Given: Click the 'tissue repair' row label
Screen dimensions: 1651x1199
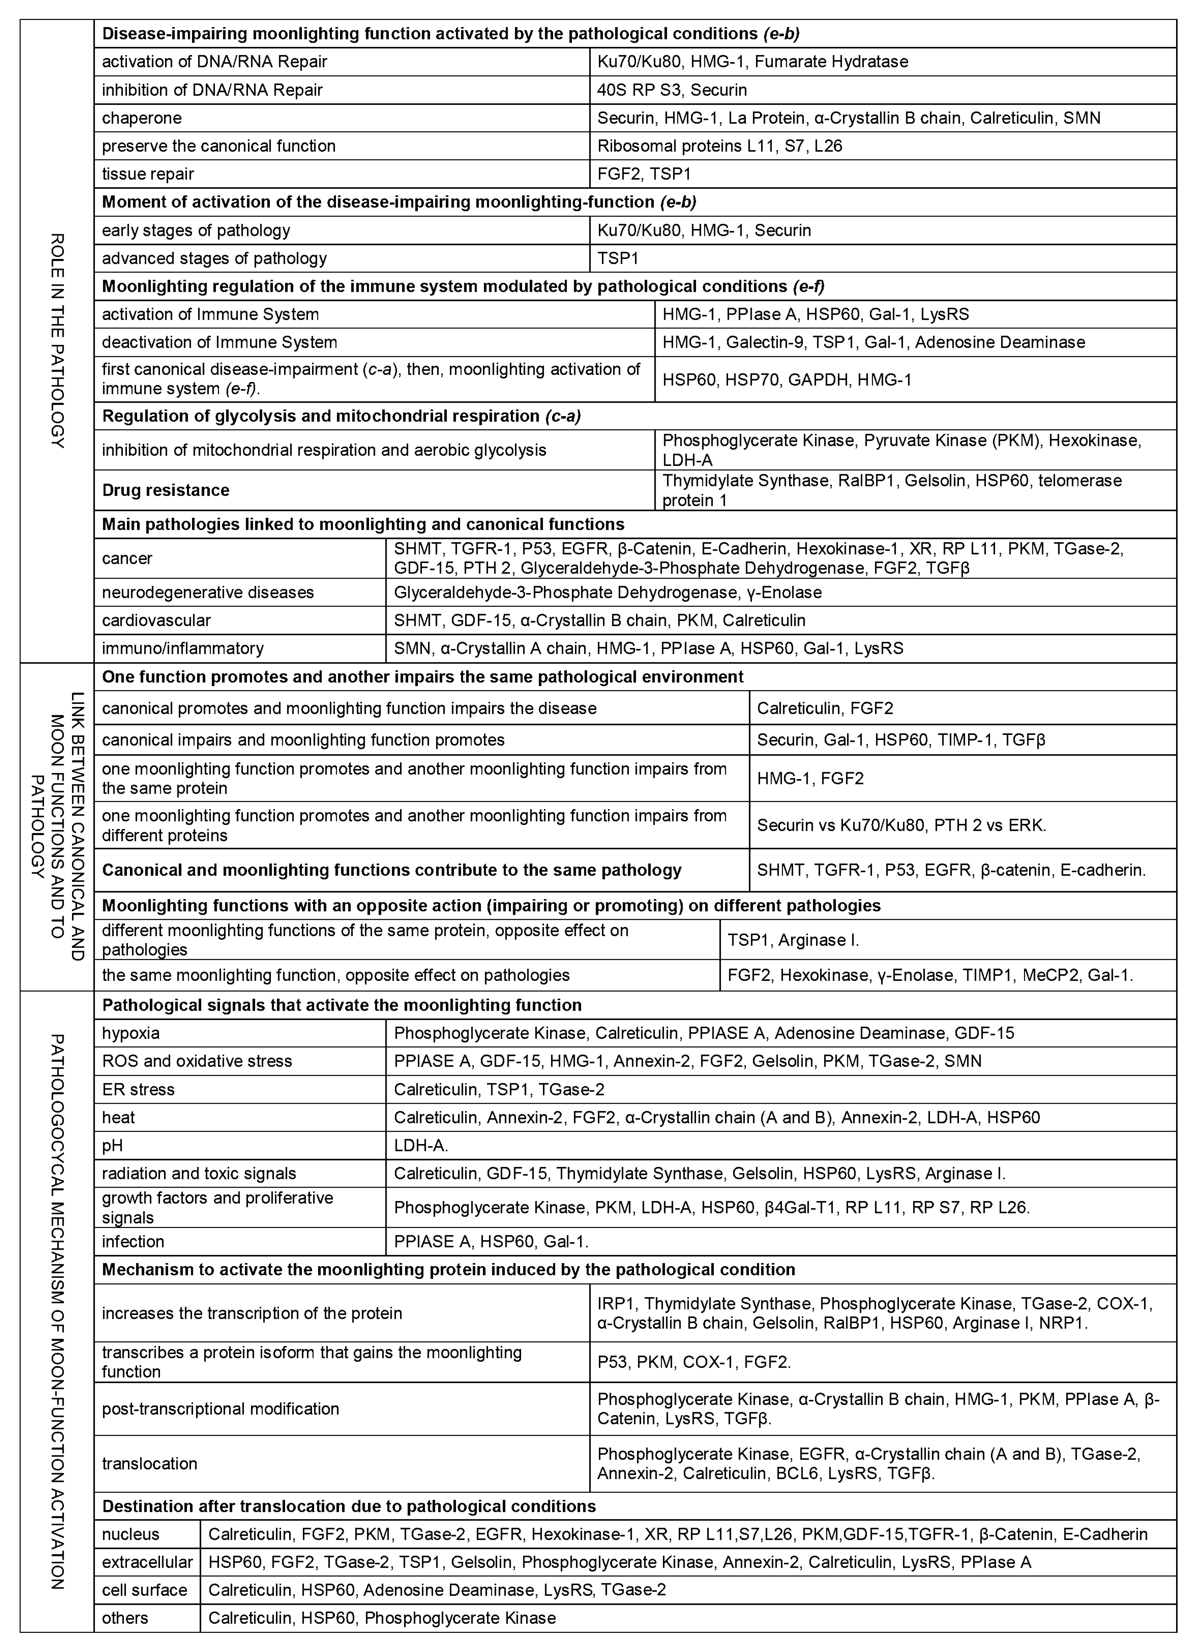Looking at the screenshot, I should [x=148, y=174].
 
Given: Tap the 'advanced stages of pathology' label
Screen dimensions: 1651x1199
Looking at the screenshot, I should [x=214, y=258].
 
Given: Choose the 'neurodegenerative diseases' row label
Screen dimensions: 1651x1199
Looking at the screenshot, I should [x=208, y=593].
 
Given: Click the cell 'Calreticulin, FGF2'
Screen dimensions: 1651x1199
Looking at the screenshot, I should [x=824, y=708].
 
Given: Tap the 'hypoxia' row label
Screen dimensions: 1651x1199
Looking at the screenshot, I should [x=131, y=1033].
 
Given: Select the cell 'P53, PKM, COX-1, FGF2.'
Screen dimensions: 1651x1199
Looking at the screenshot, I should [x=694, y=1362].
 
